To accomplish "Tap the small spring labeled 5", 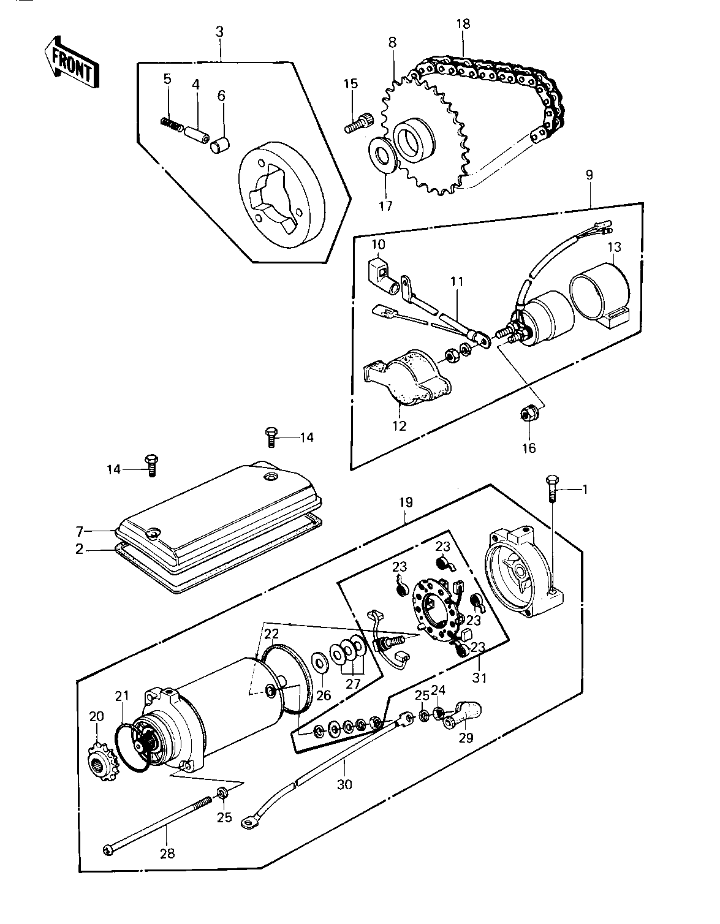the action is click(x=172, y=124).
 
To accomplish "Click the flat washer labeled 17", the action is click(x=384, y=155).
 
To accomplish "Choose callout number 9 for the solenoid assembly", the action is click(x=589, y=175).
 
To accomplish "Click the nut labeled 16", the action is click(x=529, y=413).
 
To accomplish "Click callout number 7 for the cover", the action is click(x=80, y=531).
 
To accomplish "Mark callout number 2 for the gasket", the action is click(x=80, y=550).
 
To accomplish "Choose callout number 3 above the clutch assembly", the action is click(x=219, y=32).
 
